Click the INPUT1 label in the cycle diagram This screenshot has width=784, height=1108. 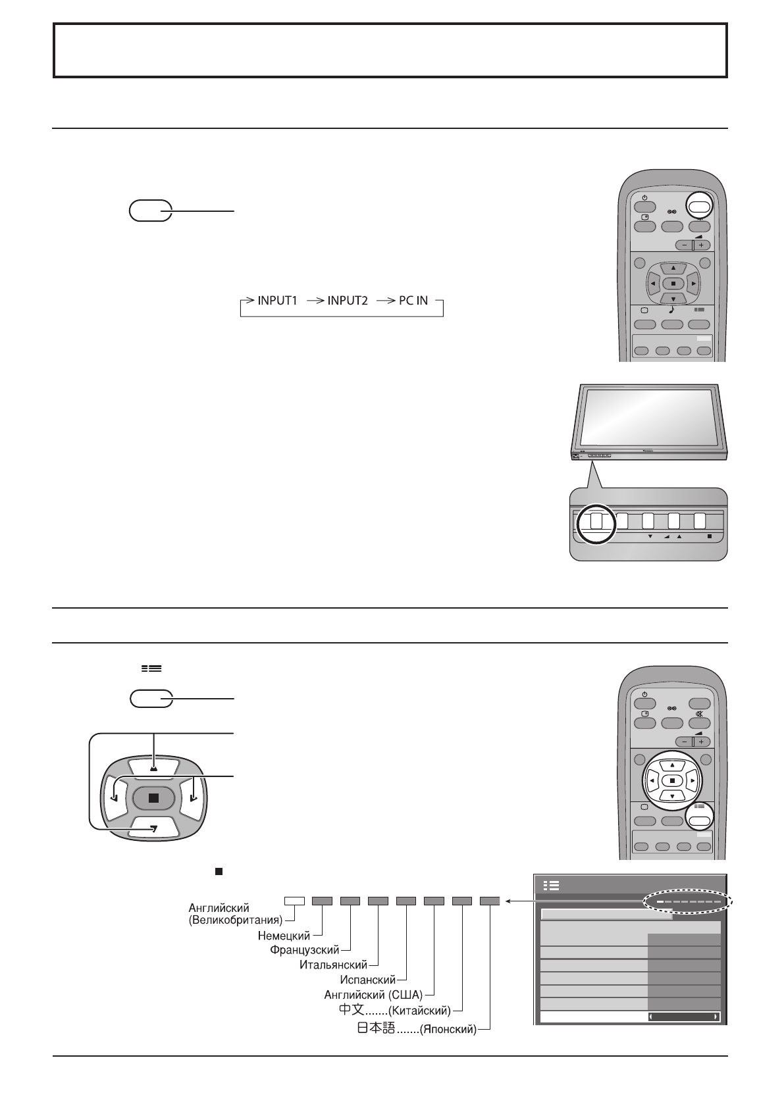[277, 301]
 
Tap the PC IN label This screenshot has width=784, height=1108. [413, 301]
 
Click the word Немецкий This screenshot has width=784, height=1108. [284, 935]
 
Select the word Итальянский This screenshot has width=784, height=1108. [333, 965]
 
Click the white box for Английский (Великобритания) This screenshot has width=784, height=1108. [294, 901]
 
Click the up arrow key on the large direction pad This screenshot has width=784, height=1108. [153, 767]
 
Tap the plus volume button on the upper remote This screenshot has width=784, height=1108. [700, 245]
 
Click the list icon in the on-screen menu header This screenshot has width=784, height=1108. [552, 886]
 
